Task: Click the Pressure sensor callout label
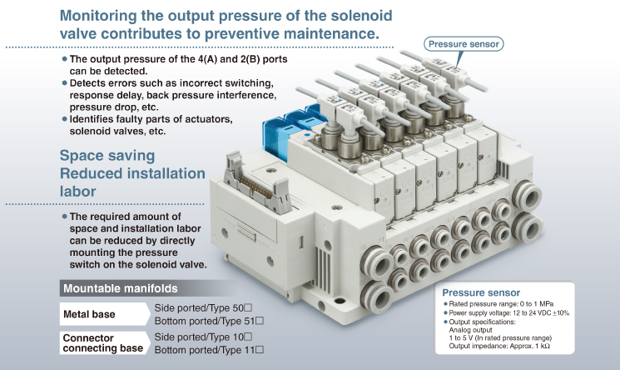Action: tap(464, 44)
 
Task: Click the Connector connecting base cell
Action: tap(102, 342)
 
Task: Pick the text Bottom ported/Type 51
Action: tap(209, 321)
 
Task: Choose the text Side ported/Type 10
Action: tap(203, 337)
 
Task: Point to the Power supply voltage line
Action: tap(509, 313)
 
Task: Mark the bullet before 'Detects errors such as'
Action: tap(64, 84)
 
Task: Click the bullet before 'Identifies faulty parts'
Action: tap(64, 119)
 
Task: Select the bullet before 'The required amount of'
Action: tap(64, 217)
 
